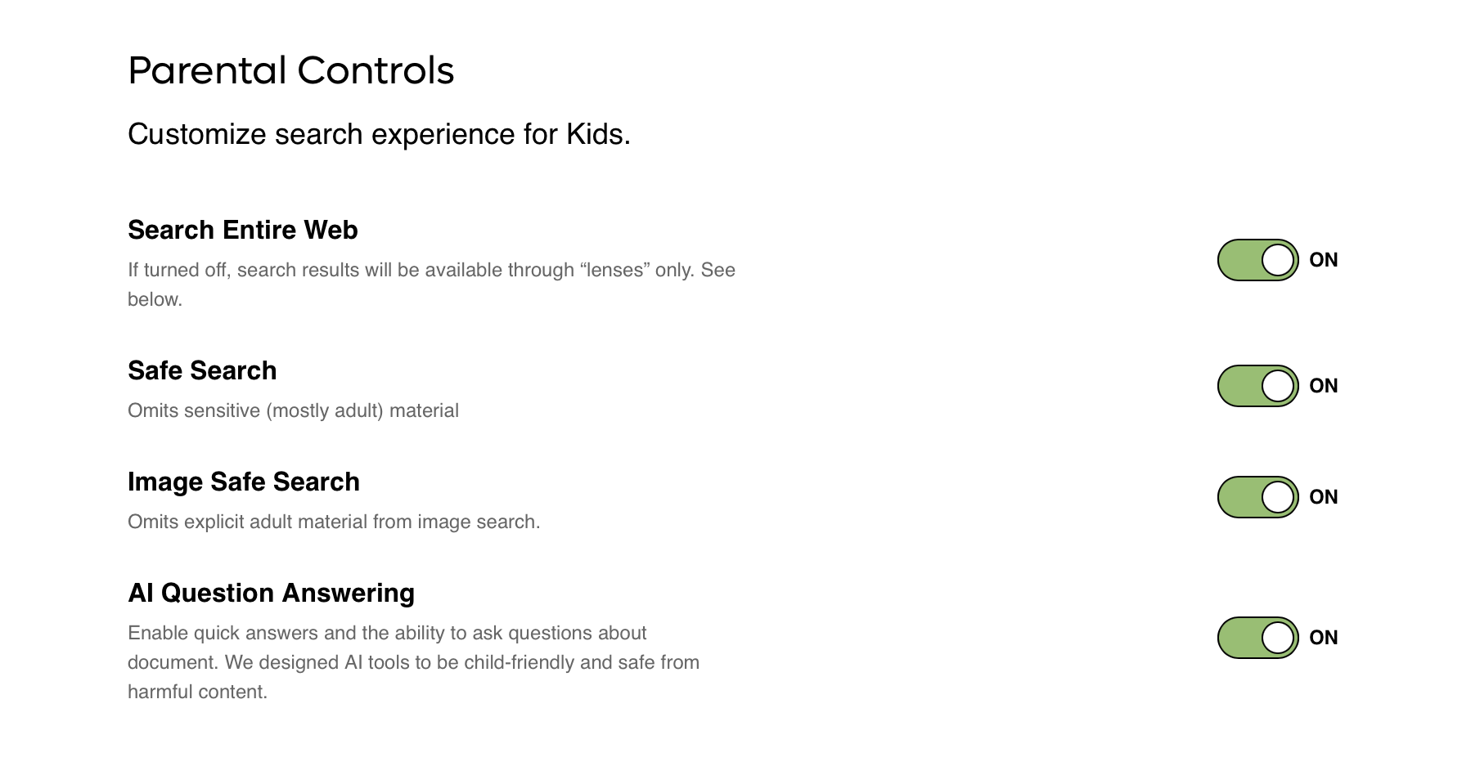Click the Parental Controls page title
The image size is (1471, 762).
(x=291, y=70)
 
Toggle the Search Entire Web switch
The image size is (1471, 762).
(x=1258, y=260)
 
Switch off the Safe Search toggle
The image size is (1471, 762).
(x=1258, y=386)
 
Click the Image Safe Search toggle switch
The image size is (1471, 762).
(x=1258, y=497)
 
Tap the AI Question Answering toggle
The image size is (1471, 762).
(x=1258, y=638)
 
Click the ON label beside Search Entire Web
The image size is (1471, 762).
(x=1324, y=260)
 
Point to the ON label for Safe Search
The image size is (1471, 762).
(x=1324, y=386)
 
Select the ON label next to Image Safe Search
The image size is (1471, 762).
(x=1324, y=497)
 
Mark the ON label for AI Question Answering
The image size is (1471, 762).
(x=1324, y=638)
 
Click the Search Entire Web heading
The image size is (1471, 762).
(x=243, y=230)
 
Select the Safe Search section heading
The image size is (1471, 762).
(x=202, y=370)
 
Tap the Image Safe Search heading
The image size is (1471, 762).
(x=244, y=482)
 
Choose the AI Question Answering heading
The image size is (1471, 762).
(x=271, y=593)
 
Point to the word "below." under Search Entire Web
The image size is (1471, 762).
(x=155, y=299)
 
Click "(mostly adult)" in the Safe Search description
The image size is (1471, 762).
(x=325, y=410)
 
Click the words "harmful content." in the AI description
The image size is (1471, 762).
(x=197, y=692)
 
